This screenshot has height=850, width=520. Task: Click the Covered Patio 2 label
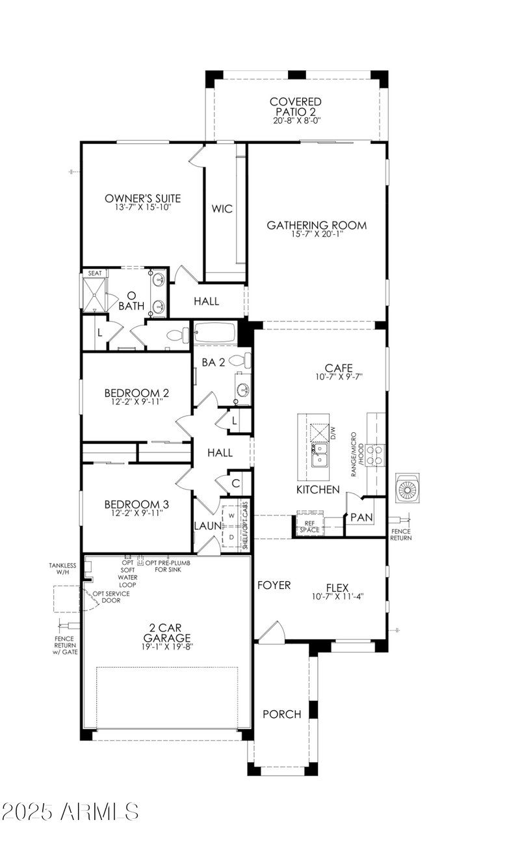(296, 107)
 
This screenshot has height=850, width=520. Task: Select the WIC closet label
(222, 209)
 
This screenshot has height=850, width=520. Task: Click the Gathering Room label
(317, 225)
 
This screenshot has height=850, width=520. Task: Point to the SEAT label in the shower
(95, 273)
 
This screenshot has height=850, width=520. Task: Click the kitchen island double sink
(319, 454)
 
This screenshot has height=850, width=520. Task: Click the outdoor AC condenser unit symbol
(408, 489)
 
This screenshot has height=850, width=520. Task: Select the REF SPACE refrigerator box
(310, 525)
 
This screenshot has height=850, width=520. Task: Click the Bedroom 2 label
(136, 393)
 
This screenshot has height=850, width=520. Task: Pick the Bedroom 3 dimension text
(136, 513)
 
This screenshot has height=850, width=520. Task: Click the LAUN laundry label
(207, 525)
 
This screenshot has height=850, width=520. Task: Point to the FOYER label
(274, 585)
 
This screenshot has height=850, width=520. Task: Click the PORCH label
(281, 714)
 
